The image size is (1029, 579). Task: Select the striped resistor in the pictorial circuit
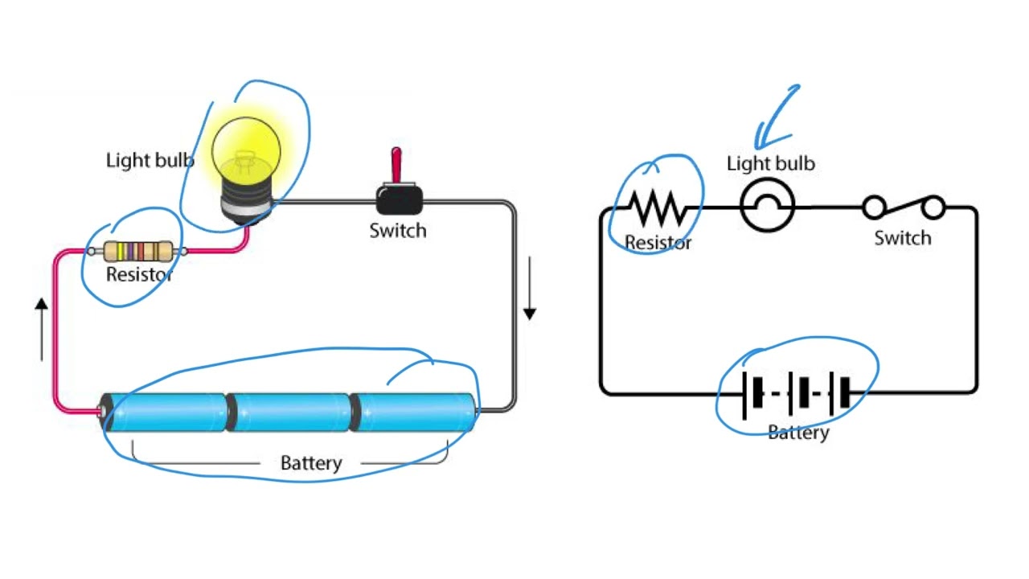click(x=137, y=251)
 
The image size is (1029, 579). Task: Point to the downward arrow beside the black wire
click(x=529, y=289)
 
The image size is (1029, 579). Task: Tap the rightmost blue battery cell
click(x=415, y=413)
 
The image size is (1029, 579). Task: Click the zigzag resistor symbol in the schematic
click(x=658, y=208)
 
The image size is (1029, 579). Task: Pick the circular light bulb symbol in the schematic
click(x=767, y=207)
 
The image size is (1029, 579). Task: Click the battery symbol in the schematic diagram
click(x=796, y=394)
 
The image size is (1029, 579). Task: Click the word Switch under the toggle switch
click(x=397, y=231)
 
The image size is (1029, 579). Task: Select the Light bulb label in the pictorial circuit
click(x=150, y=160)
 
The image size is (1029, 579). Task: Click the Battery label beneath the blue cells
click(x=310, y=463)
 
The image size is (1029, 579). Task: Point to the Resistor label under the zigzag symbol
click(x=658, y=242)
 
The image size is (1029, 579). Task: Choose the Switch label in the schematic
click(x=902, y=238)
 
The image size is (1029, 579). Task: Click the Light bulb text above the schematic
click(x=770, y=164)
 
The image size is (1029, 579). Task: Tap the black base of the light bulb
click(x=247, y=204)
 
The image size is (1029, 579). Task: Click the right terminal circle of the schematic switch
click(x=933, y=208)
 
